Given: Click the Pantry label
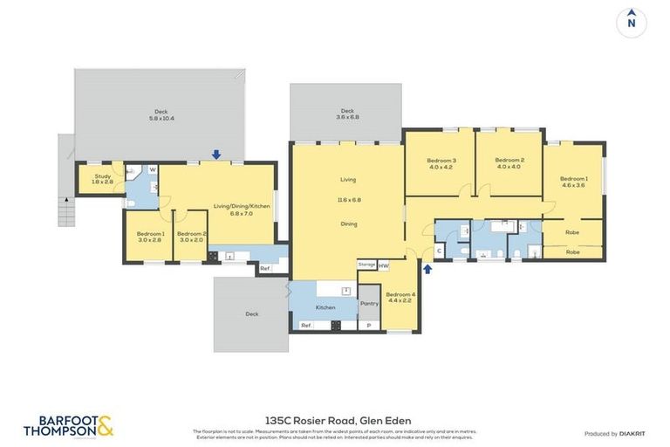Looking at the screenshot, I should tap(369, 303).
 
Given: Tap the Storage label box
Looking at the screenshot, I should tap(366, 265).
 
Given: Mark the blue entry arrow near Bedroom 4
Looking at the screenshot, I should tap(427, 269).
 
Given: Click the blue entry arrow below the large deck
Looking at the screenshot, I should tap(216, 155).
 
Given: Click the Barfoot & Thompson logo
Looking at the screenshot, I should tap(68, 426).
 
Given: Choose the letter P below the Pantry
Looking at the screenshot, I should tap(369, 326).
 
